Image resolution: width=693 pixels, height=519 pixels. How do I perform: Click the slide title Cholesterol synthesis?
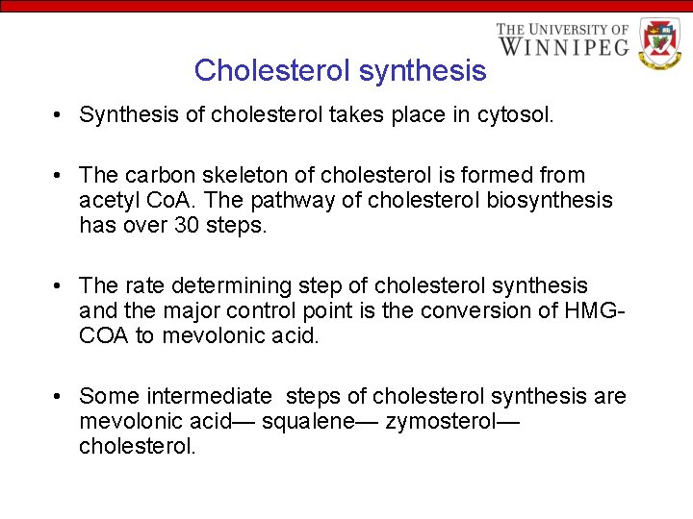click(x=340, y=70)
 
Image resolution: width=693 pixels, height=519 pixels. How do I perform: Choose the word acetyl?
click(x=111, y=200)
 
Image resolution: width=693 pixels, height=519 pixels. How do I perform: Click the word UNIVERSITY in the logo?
click(x=568, y=29)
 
